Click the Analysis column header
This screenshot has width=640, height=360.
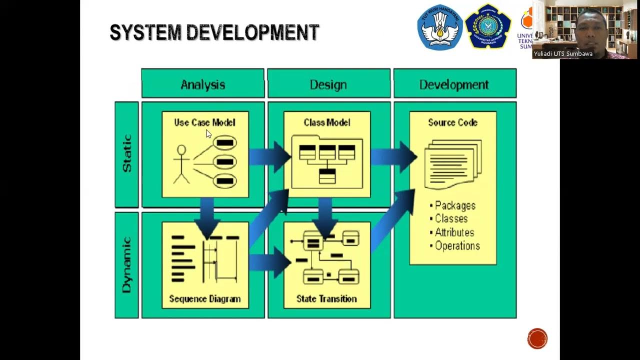point(202,84)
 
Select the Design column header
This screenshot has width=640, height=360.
point(328,84)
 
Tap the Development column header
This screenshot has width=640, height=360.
point(454,84)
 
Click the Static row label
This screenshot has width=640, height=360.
point(127,154)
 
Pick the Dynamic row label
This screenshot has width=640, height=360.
point(127,264)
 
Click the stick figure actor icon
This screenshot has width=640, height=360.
point(181,164)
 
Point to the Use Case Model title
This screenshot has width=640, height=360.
point(204,122)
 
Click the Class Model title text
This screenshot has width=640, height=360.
point(327,122)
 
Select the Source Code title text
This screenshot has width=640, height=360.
point(452,122)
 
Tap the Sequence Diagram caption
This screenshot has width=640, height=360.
point(205,299)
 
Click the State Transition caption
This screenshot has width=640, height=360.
point(326,299)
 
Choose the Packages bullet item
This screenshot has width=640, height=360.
point(454,205)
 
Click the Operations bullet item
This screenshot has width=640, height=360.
point(456,246)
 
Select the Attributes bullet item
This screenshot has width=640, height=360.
point(454,232)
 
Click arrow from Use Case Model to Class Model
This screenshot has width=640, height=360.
point(270,156)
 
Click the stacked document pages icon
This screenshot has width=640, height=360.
point(452,164)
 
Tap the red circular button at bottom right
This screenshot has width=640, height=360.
point(537,338)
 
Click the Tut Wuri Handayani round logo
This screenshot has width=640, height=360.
point(440,27)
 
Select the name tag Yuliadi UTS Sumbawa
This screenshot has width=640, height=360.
point(563,54)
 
